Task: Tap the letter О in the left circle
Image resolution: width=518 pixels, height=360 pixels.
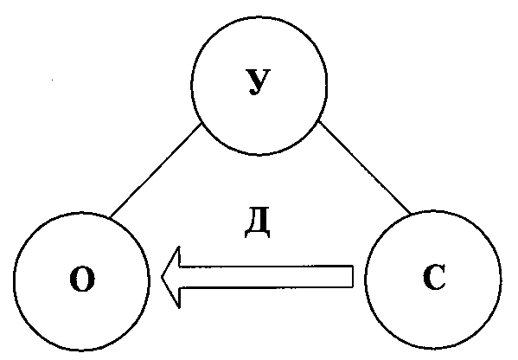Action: (x=82, y=279)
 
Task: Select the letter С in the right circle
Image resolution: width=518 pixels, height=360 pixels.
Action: (x=434, y=277)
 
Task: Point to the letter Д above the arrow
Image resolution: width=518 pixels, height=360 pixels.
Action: (x=258, y=222)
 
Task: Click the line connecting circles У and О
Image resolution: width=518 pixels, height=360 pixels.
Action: (x=156, y=170)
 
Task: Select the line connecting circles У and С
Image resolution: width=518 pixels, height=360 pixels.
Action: (x=365, y=168)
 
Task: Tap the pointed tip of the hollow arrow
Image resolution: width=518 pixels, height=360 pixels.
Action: (x=162, y=277)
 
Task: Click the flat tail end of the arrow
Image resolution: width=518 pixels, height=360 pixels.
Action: (x=353, y=276)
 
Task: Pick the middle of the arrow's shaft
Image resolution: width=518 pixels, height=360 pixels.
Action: (x=266, y=277)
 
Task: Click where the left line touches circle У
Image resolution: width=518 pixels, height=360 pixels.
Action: (x=201, y=123)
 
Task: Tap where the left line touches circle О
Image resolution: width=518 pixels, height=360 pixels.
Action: (x=110, y=218)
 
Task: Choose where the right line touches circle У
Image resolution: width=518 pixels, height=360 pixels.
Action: (x=319, y=121)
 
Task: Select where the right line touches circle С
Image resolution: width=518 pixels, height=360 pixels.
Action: (x=412, y=215)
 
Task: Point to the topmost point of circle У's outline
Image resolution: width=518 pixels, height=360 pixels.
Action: (x=259, y=16)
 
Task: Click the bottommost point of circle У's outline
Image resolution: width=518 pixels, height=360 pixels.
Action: (x=259, y=154)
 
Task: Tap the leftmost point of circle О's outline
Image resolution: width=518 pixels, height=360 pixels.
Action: (x=14, y=281)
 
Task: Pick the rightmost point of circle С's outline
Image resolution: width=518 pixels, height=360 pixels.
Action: (x=501, y=280)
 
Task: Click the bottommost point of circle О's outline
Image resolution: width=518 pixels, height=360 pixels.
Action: (x=82, y=350)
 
